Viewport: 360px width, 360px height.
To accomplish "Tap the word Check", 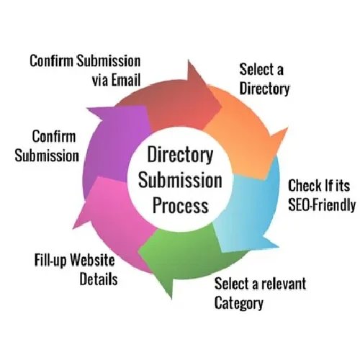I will pyautogui.click(x=302, y=184).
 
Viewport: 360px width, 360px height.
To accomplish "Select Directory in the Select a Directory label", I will pyautogui.click(x=264, y=89).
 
